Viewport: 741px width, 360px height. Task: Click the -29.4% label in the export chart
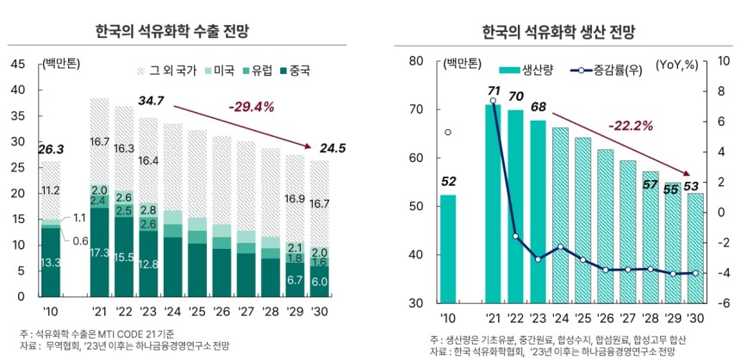(x=251, y=107)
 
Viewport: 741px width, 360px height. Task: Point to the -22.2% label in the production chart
(x=632, y=126)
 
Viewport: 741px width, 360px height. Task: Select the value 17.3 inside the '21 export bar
(x=100, y=253)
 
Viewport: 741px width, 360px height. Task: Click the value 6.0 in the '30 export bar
(x=319, y=282)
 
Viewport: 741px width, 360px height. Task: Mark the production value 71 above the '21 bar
(x=494, y=91)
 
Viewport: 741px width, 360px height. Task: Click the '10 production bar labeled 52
(x=447, y=249)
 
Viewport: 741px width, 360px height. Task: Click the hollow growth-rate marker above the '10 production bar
(x=447, y=133)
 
